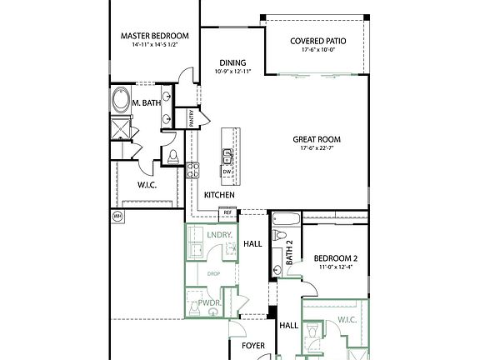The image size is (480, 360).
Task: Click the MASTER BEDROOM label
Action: (154, 36)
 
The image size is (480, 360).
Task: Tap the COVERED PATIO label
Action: (318, 41)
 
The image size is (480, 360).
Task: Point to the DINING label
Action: (232, 62)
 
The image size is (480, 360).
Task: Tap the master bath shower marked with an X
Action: (121, 130)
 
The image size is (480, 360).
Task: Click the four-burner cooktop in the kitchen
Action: (192, 170)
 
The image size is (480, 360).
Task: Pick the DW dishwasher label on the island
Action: (227, 172)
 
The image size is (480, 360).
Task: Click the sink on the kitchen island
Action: (227, 154)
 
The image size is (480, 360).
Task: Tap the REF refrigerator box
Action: (227, 213)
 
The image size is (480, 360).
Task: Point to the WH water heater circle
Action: (117, 215)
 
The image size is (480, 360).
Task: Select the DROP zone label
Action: (213, 272)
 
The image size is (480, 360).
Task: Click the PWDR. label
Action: (197, 302)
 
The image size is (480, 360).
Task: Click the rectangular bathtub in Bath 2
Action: (281, 222)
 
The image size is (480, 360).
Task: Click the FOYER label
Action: (253, 343)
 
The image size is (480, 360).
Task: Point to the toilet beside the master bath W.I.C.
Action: (172, 156)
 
